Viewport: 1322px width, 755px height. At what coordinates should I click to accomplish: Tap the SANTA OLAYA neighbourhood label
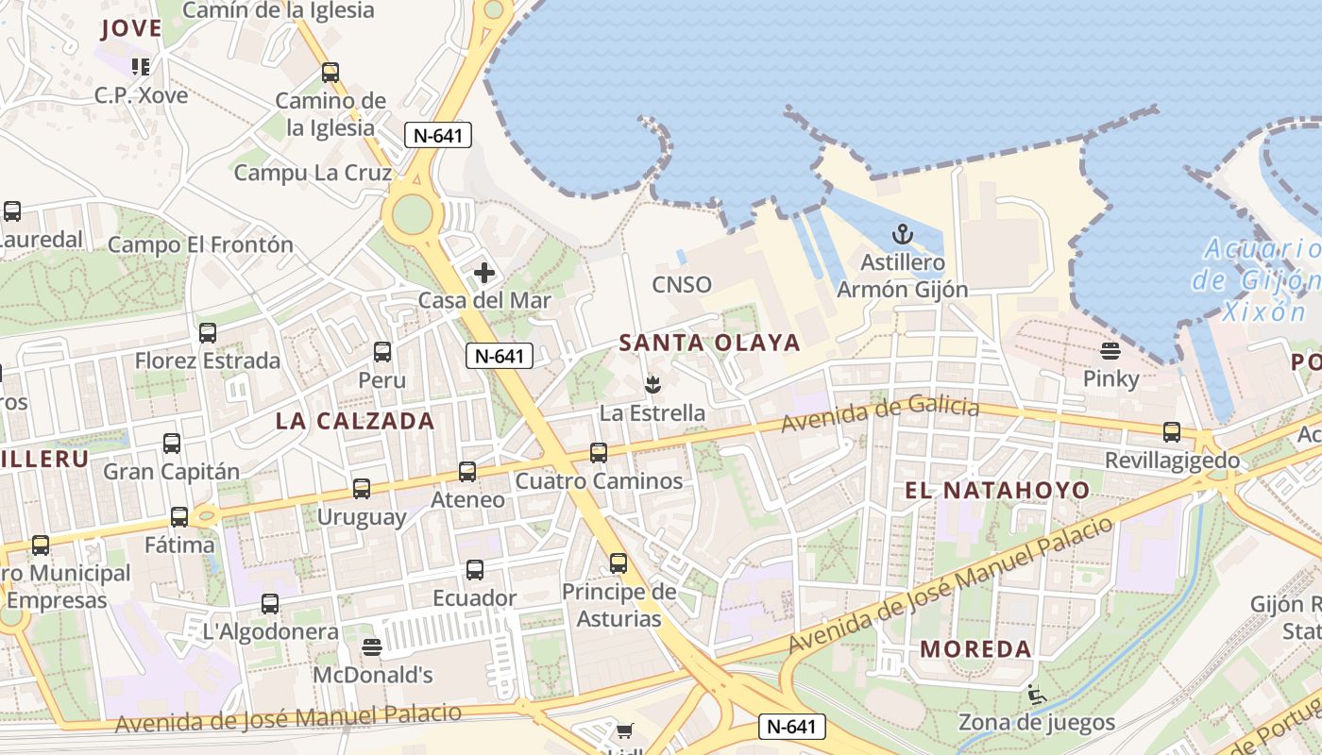709,343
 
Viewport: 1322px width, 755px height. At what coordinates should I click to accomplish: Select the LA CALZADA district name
355,421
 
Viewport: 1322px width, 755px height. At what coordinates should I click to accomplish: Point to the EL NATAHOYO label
997,490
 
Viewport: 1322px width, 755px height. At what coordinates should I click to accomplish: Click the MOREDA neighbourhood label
975,648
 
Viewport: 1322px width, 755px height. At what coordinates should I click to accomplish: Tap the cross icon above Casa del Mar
484,274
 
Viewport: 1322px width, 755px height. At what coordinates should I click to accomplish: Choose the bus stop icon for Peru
382,352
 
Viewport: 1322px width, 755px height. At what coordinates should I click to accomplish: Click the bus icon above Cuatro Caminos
599,453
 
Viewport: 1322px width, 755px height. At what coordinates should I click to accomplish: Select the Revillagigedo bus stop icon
1172,432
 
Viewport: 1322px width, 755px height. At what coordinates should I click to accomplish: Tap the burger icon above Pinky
1110,351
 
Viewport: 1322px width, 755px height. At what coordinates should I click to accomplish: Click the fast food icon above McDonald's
372,647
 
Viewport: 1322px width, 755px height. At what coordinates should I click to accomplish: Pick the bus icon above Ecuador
475,570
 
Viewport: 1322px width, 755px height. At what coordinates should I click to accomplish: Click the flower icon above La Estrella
652,384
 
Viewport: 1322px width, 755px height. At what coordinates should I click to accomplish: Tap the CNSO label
682,284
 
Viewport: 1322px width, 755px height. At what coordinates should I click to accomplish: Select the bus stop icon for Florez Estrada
208,333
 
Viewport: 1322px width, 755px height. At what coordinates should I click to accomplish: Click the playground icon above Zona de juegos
1036,696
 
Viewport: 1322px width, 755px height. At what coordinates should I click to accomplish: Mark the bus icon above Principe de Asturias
619,563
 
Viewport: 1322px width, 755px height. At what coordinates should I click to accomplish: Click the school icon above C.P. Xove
141,67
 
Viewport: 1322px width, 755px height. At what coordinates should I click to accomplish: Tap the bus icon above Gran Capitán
172,444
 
